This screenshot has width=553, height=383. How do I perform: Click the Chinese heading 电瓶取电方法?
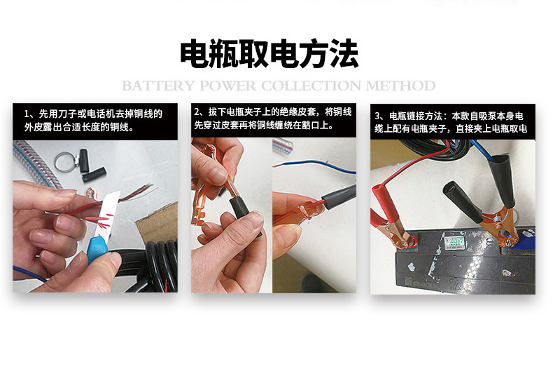pos(269,54)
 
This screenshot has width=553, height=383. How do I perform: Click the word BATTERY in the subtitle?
pos(158,86)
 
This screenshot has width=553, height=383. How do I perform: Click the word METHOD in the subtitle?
pos(400,86)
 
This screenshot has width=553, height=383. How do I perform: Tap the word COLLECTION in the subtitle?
pos(311,86)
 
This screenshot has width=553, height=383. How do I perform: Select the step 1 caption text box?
pos(95,121)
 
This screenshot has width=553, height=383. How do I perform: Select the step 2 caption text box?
pos(274,120)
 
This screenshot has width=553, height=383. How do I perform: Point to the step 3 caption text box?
pos(453,122)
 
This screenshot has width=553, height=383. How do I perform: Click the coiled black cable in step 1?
pos(159,265)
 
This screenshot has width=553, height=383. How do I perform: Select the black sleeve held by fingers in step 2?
pos(241,210)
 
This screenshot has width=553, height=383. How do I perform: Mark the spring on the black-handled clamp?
pos(497,222)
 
